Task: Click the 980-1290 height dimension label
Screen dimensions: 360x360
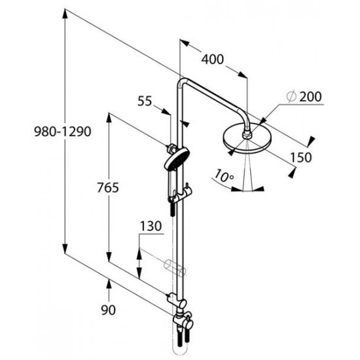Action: click(x=63, y=132)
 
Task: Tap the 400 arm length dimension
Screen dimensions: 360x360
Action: click(x=212, y=59)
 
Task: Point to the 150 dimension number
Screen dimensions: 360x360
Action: click(x=301, y=158)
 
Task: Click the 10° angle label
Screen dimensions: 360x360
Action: click(x=224, y=175)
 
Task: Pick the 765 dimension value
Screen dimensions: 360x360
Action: click(x=108, y=187)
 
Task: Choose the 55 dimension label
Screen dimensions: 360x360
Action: click(x=145, y=101)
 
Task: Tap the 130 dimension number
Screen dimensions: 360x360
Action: click(x=151, y=226)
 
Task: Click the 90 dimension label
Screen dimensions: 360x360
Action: click(x=109, y=310)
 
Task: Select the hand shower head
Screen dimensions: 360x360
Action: click(x=177, y=158)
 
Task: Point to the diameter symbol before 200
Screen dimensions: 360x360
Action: click(x=291, y=97)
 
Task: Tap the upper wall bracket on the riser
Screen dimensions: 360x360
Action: click(x=172, y=149)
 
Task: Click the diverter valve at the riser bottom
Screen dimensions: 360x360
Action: click(x=184, y=322)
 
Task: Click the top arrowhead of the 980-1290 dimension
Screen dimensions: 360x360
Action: click(x=65, y=14)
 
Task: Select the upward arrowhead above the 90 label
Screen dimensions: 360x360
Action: click(x=109, y=284)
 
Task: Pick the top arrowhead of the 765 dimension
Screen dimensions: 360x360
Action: click(x=109, y=118)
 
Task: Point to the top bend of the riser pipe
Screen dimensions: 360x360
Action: click(x=181, y=82)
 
